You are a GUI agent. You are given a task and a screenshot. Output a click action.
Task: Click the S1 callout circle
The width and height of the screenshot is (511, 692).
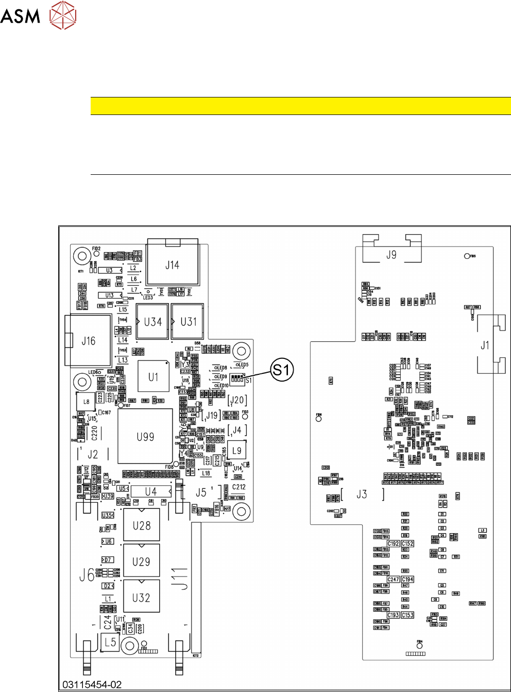[282, 370]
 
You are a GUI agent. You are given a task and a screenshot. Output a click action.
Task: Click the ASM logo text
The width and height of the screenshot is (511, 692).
[20, 15]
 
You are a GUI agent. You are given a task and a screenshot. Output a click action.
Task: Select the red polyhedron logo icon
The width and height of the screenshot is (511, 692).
[63, 15]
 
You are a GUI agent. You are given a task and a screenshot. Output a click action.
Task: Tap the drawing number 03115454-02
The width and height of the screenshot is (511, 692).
[92, 685]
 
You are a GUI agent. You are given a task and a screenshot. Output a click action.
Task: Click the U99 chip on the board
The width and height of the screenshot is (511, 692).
[145, 437]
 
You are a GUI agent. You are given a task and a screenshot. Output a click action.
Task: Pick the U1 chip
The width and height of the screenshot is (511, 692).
[154, 377]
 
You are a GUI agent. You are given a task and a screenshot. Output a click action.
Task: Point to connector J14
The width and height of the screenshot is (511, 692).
[172, 265]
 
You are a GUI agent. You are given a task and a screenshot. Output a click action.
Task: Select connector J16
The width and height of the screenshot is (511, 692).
[89, 341]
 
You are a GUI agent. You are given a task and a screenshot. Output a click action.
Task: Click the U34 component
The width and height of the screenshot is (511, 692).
[153, 322]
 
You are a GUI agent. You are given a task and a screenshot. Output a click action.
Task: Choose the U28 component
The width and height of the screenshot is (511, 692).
[142, 525]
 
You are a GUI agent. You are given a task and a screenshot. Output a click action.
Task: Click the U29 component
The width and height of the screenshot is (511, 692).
[142, 562]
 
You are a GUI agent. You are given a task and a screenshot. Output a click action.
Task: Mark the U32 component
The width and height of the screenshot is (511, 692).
[142, 598]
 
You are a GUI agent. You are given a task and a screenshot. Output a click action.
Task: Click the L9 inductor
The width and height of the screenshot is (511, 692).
[236, 450]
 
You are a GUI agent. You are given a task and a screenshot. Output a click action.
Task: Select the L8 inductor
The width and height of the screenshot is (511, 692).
[86, 402]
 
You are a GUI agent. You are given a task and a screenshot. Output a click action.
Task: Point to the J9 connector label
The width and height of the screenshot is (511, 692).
[391, 254]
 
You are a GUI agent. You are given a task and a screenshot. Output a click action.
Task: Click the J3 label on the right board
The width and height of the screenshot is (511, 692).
[362, 494]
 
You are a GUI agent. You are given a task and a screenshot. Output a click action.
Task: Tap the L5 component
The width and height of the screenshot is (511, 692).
[110, 642]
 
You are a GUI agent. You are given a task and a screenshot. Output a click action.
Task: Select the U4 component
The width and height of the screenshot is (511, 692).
[151, 491]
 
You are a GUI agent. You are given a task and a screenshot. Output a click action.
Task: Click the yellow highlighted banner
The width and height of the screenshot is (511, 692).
[300, 106]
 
